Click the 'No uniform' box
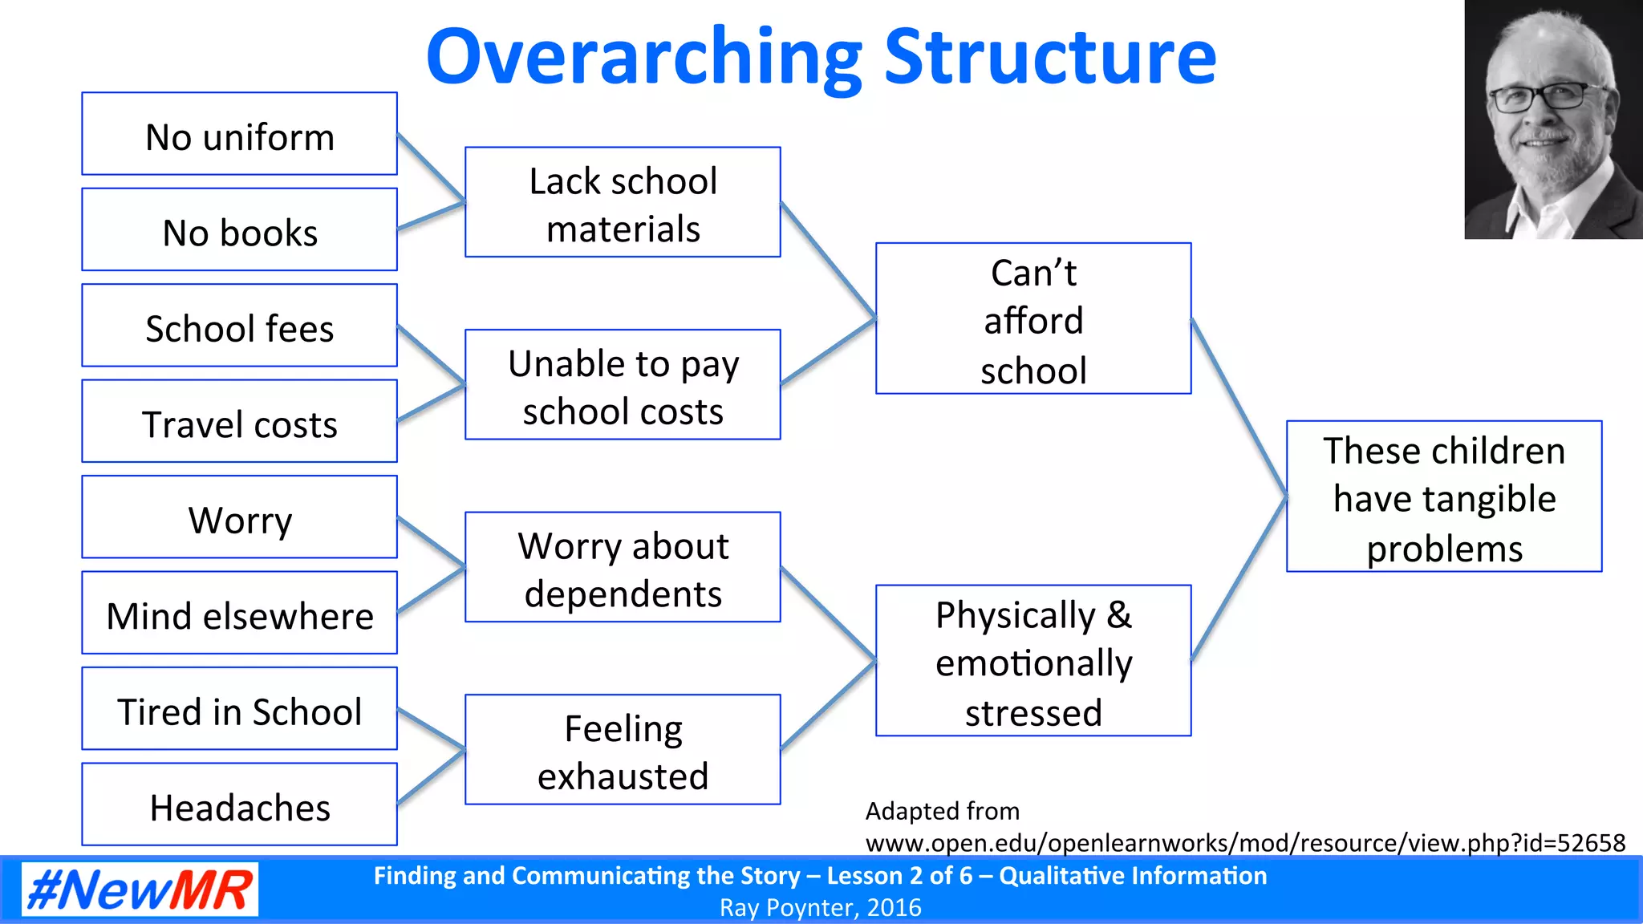(x=239, y=134)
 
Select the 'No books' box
(x=239, y=230)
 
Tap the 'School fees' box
(x=239, y=326)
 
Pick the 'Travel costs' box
(x=239, y=422)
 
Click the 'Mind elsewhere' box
(x=239, y=614)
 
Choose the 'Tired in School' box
(x=239, y=709)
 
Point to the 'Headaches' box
(x=239, y=804)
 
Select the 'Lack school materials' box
(x=623, y=202)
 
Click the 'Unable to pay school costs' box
(x=623, y=385)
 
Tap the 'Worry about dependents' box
(x=623, y=568)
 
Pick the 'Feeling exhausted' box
(x=623, y=750)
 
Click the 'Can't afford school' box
(x=1033, y=319)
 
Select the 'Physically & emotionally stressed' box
(x=1033, y=661)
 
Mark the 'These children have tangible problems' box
(x=1444, y=497)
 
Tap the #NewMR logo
(x=140, y=890)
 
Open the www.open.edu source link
(x=1245, y=843)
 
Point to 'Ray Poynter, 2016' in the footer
(x=820, y=908)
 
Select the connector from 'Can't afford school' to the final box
(x=1239, y=407)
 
